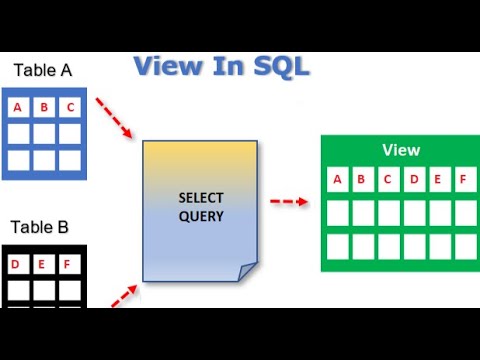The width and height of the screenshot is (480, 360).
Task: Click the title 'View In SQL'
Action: [x=221, y=67]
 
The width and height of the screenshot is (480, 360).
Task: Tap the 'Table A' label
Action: [x=42, y=70]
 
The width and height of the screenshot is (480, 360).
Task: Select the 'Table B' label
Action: [x=42, y=227]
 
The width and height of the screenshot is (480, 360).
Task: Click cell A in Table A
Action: [x=17, y=107]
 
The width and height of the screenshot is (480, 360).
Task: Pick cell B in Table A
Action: [x=43, y=107]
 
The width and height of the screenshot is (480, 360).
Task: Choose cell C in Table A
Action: [x=69, y=107]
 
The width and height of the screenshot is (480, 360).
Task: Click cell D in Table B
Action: [x=17, y=264]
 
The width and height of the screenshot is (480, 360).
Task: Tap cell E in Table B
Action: [x=43, y=264]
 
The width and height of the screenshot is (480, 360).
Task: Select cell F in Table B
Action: [x=69, y=264]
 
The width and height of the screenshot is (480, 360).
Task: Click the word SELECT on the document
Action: [x=200, y=196]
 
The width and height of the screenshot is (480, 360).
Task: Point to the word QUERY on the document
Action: [x=200, y=214]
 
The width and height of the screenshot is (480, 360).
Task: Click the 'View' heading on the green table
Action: [x=401, y=150]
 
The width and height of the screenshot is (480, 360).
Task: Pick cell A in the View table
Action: [x=338, y=181]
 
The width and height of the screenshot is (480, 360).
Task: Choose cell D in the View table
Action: [x=413, y=181]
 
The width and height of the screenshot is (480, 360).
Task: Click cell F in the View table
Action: [x=463, y=181]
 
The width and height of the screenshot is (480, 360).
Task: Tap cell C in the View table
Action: [x=388, y=181]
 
